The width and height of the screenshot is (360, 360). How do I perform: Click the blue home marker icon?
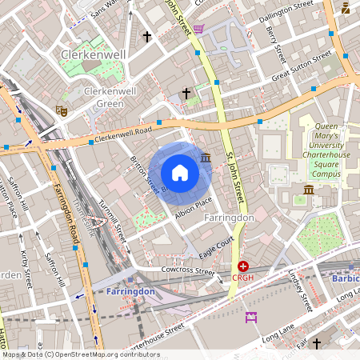pyautogui.click(x=180, y=173)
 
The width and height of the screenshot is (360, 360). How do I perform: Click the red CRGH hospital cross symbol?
pyautogui.click(x=242, y=266)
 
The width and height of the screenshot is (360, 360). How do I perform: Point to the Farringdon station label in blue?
pyautogui.click(x=130, y=292)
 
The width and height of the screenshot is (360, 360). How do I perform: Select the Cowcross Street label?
pyautogui.click(x=186, y=272)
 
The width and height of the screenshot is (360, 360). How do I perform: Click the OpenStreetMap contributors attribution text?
pyautogui.click(x=80, y=354)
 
